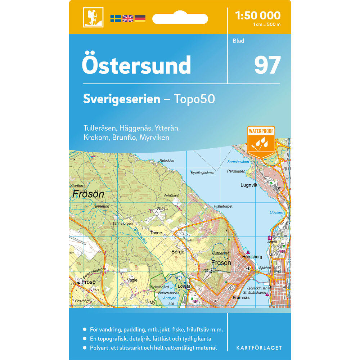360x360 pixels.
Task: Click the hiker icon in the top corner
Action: tap(93, 17)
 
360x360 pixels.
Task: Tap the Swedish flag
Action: tap(116, 19)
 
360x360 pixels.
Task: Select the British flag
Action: tap(128, 19)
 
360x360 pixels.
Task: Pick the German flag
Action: tap(140, 19)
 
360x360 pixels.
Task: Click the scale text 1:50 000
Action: tap(257, 15)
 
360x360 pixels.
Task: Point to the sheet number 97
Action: tap(267, 65)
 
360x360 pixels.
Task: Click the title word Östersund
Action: tap(136, 65)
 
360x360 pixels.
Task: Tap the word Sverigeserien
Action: tap(121, 99)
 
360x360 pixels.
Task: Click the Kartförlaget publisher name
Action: tap(259, 348)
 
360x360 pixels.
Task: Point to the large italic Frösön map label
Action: tap(88, 194)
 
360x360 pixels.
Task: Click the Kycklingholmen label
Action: tap(203, 172)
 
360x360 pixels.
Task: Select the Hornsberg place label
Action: tap(252, 257)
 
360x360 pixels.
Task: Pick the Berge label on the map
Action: tap(178, 252)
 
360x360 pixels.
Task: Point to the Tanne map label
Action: tap(156, 233)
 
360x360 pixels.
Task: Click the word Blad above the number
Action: tap(238, 41)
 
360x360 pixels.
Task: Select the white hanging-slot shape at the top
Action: tap(180, 18)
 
